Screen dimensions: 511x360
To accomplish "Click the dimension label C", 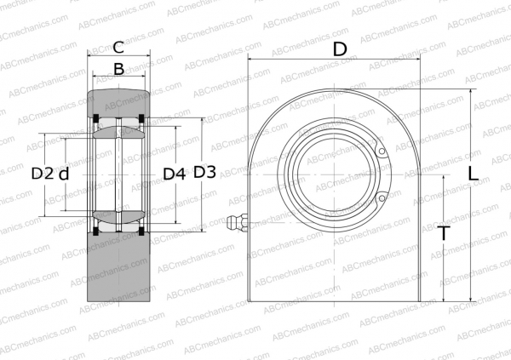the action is (118, 48).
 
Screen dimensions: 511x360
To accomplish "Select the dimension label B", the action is (119, 69).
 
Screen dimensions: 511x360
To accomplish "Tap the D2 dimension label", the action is (43, 174).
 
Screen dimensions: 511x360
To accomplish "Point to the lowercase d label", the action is (64, 174).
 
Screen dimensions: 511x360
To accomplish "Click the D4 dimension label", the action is (175, 174).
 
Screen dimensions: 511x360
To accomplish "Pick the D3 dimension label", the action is (204, 172).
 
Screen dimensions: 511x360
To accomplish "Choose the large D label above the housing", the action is (340, 49).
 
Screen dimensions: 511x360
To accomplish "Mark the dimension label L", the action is (473, 174).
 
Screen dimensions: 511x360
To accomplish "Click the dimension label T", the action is (444, 233).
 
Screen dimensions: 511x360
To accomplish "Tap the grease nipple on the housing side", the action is (237, 224).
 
